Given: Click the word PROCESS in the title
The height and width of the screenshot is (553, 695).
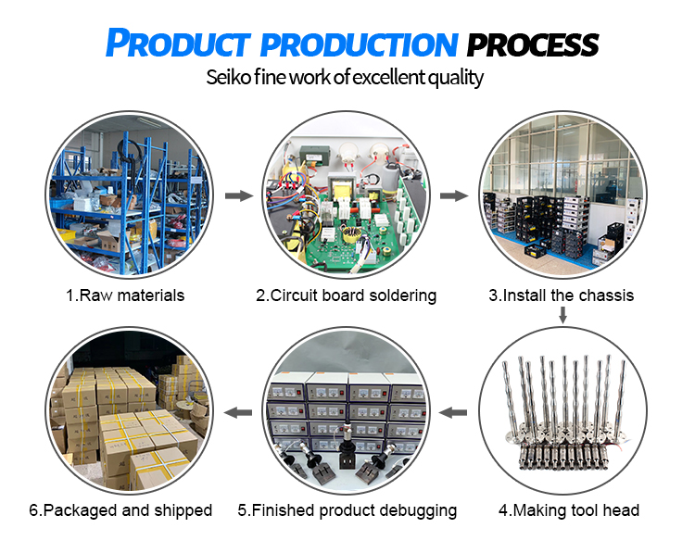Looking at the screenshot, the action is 532,44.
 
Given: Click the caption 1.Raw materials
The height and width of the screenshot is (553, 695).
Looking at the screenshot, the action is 125,296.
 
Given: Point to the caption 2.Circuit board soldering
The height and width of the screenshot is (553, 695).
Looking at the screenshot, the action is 346,296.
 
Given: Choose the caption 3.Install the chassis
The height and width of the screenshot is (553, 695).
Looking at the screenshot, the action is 562,296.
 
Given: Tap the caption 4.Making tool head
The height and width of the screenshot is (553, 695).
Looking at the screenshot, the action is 569,510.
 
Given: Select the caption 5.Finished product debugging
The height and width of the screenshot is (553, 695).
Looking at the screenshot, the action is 347,510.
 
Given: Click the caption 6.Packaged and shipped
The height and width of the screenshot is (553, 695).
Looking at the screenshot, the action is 120,510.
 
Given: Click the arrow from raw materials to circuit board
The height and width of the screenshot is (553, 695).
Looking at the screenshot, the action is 239,196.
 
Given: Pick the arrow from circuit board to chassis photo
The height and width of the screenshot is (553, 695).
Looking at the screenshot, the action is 454,196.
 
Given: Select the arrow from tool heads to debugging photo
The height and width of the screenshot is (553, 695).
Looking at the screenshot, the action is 453,410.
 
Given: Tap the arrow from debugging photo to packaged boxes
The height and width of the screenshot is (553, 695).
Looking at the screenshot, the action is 239,410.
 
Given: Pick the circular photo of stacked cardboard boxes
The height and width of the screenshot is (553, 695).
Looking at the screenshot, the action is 129,410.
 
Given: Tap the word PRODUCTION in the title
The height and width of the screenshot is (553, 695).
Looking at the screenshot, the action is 367,44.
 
